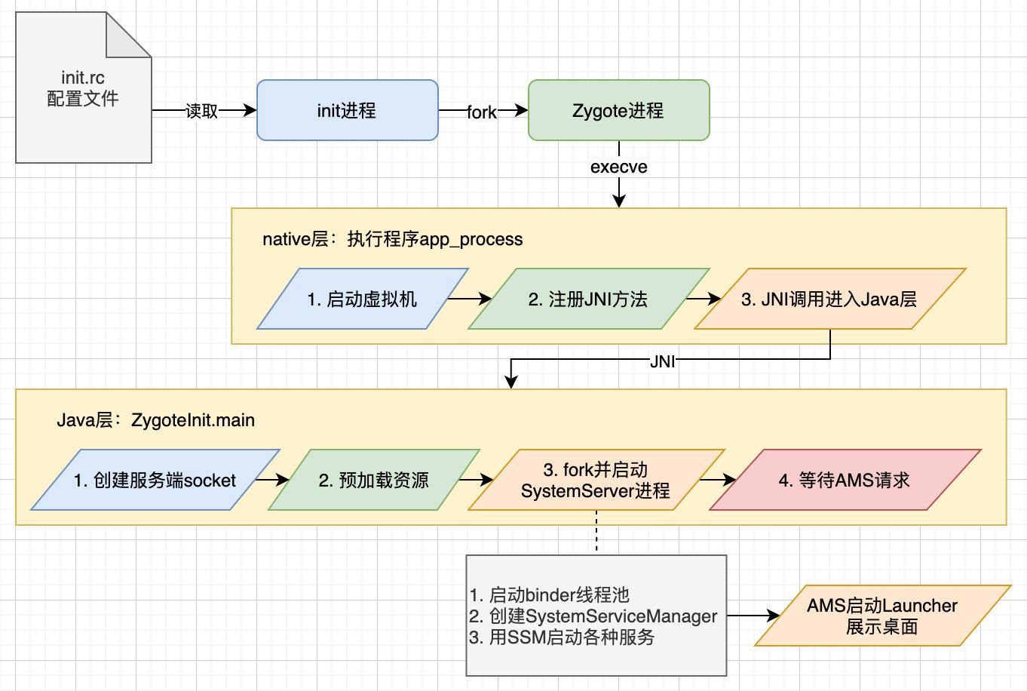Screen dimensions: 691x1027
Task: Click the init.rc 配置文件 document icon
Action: click(83, 89)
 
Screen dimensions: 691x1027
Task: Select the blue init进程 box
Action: click(347, 111)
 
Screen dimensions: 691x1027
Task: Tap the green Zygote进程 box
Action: click(618, 111)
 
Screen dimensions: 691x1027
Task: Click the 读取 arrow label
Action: click(201, 111)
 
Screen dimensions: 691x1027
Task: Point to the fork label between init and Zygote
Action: click(481, 112)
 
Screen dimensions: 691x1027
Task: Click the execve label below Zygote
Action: click(618, 167)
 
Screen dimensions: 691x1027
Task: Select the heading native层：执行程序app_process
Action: click(392, 239)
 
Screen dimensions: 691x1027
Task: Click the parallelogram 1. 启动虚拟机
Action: click(362, 299)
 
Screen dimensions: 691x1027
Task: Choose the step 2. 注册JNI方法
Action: click(588, 299)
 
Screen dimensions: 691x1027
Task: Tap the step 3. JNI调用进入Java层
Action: click(829, 299)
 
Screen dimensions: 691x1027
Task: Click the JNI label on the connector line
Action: click(662, 361)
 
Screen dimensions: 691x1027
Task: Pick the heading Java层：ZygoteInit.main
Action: click(155, 420)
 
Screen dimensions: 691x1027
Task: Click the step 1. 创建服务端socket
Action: click(155, 481)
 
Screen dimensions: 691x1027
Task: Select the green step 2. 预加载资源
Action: click(373, 481)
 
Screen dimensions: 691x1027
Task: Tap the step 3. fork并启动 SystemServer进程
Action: click(596, 481)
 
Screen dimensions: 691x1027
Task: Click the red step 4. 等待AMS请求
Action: click(845, 481)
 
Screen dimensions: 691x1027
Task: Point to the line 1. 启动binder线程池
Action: click(549, 595)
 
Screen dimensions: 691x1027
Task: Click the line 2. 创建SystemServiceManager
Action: click(593, 616)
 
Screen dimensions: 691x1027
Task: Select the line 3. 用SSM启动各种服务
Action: click(562, 637)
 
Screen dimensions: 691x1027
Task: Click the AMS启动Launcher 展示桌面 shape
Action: click(882, 616)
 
